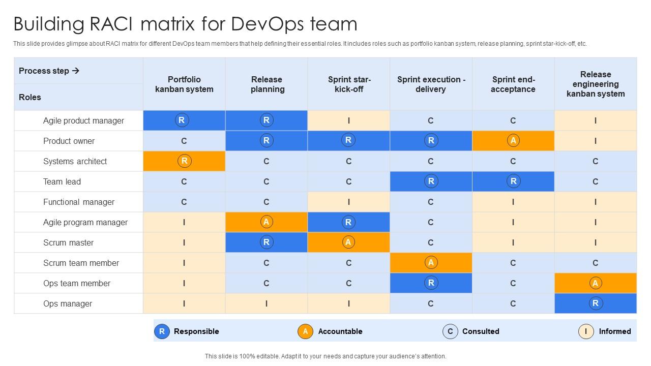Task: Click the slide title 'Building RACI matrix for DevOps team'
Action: (185, 24)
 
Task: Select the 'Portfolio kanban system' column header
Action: (184, 84)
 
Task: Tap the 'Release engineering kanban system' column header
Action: (596, 84)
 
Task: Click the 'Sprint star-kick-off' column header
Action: (349, 84)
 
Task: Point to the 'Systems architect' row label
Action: (75, 161)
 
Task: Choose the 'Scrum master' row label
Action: (68, 242)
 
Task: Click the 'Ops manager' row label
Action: (68, 303)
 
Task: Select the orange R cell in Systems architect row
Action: (184, 161)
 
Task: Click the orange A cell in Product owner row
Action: (513, 141)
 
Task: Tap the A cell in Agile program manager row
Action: (266, 222)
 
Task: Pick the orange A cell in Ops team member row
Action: (595, 283)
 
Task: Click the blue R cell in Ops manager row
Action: (595, 303)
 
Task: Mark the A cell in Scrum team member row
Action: (431, 263)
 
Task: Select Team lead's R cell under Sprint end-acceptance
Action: (513, 181)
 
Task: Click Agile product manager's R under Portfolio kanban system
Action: (182, 120)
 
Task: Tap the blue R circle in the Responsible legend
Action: (162, 331)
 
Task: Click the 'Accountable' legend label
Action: (340, 331)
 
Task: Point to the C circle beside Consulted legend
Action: (450, 331)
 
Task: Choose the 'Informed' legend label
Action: (614, 331)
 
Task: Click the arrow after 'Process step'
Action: (76, 71)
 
